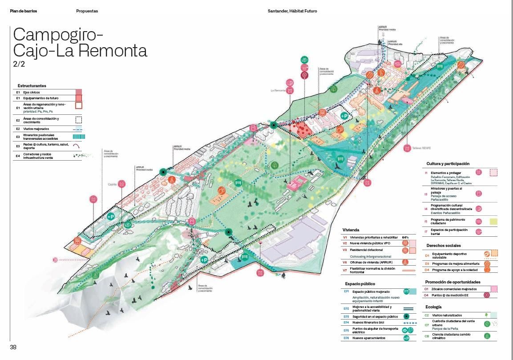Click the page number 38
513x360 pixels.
pyautogui.click(x=13, y=347)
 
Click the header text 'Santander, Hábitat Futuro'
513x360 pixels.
pyautogui.click(x=292, y=11)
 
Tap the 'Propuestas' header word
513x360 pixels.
pyautogui.click(x=87, y=11)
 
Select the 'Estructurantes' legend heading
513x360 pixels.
pyautogui.click(x=32, y=85)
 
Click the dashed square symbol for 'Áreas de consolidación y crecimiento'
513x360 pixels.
pyautogui.click(x=78, y=119)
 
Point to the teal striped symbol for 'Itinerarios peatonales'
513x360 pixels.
pyautogui.click(x=78, y=137)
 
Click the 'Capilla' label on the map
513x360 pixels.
pyautogui.click(x=112, y=184)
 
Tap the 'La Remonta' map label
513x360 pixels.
pyautogui.click(x=278, y=91)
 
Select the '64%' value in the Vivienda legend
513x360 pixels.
pyautogui.click(x=405, y=238)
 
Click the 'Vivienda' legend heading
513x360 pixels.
pyautogui.click(x=351, y=230)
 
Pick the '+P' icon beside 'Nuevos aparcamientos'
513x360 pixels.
pyautogui.click(x=405, y=338)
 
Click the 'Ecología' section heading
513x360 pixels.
pyautogui.click(x=433, y=307)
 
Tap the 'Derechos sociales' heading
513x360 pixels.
pyautogui.click(x=443, y=246)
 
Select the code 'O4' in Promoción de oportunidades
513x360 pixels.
pyautogui.click(x=426, y=295)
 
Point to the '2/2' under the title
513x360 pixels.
pyautogui.click(x=19, y=64)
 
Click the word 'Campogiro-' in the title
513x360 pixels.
pyautogui.click(x=58, y=34)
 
